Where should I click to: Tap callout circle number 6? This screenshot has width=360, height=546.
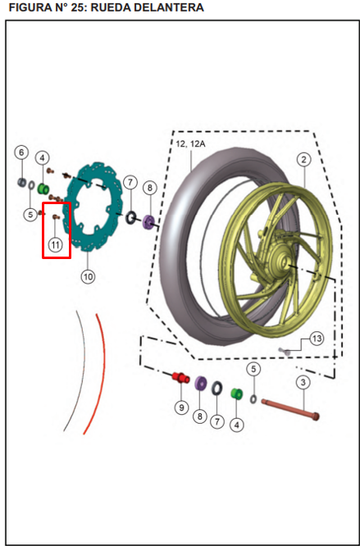[x=22, y=152]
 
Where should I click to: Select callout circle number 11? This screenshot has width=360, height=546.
[x=55, y=244]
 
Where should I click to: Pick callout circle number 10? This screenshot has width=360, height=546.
[x=88, y=276]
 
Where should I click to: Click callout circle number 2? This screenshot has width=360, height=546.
[x=303, y=160]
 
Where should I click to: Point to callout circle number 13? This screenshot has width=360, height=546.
[x=317, y=339]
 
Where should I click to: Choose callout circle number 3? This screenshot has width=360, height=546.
[x=303, y=382]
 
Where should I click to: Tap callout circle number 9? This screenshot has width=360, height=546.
[x=181, y=406]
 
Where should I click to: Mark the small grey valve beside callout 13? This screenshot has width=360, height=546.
[x=287, y=350]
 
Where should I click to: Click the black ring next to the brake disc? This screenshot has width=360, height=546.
[x=130, y=218]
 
